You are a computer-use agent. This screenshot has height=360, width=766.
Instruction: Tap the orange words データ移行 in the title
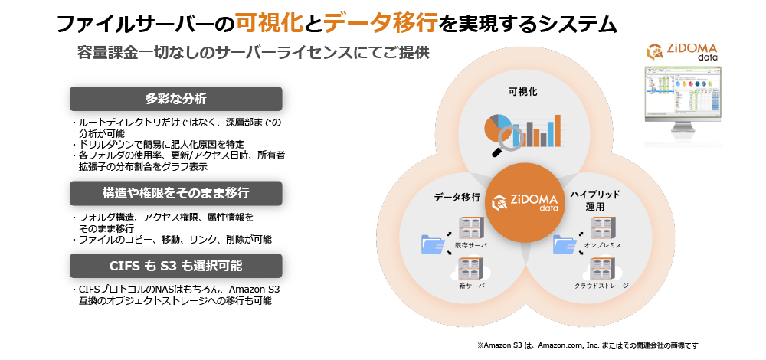click(x=380, y=23)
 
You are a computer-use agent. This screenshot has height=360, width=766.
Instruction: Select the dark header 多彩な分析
click(x=176, y=99)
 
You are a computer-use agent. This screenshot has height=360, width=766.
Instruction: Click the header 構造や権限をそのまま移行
click(x=176, y=193)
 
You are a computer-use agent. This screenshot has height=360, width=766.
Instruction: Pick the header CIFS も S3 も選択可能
click(x=176, y=266)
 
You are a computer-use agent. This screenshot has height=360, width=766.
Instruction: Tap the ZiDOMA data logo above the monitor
click(x=682, y=52)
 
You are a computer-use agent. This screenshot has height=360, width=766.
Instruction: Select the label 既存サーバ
click(x=471, y=244)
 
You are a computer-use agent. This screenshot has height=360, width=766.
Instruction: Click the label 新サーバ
click(x=471, y=286)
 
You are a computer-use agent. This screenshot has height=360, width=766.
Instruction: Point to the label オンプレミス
click(x=602, y=244)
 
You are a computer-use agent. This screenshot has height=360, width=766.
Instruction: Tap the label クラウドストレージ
click(x=601, y=286)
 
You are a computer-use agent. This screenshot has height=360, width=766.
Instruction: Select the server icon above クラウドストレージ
click(x=602, y=268)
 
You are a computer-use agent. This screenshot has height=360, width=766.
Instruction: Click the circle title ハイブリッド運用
click(x=595, y=201)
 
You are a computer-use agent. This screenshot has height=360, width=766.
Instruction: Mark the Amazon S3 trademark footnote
click(x=588, y=345)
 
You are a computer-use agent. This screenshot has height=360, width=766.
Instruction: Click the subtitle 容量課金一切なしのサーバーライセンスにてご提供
click(x=253, y=53)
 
